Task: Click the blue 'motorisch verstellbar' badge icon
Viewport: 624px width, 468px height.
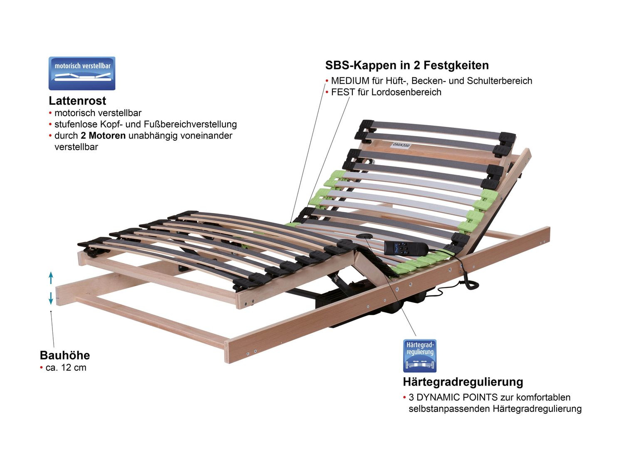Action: tap(82, 74)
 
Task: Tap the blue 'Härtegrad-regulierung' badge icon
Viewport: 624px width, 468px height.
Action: tap(420, 356)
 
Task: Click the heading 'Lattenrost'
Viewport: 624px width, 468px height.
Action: tap(77, 101)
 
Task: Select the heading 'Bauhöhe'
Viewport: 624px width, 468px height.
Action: tap(65, 355)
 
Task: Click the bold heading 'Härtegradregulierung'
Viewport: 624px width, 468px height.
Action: tap(463, 382)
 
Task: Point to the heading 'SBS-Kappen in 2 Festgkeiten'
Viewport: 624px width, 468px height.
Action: tap(407, 65)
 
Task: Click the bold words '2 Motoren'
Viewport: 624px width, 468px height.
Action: tap(103, 136)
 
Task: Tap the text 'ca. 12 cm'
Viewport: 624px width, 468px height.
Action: tap(66, 368)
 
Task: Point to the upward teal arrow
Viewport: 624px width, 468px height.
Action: tap(51, 277)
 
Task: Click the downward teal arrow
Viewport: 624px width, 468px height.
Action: tap(51, 298)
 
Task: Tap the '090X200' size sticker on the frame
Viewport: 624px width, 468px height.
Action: tap(401, 146)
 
